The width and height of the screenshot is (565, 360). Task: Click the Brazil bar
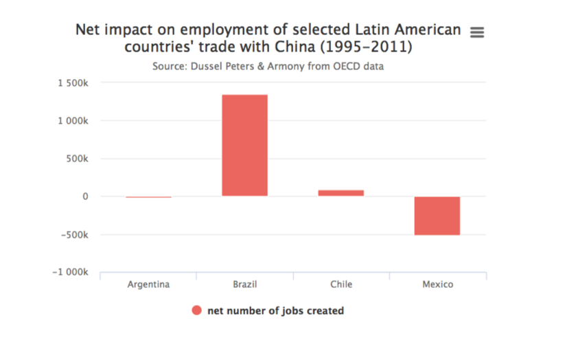pyautogui.click(x=244, y=145)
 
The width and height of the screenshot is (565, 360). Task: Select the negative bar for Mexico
pyautogui.click(x=437, y=216)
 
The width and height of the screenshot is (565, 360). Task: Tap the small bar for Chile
pyautogui.click(x=341, y=193)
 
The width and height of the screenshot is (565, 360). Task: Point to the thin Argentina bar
pyautogui.click(x=148, y=197)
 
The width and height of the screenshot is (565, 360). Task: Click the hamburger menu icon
pyautogui.click(x=477, y=32)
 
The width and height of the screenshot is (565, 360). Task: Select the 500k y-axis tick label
pyautogui.click(x=78, y=159)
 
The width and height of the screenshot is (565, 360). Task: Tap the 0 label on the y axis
pyautogui.click(x=86, y=196)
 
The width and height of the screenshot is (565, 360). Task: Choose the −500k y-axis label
pyautogui.click(x=75, y=234)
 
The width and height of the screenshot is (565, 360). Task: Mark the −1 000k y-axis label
pyautogui.click(x=70, y=272)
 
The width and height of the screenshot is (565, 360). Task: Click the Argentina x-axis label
pyautogui.click(x=148, y=284)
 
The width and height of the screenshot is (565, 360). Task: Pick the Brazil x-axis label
pyautogui.click(x=244, y=284)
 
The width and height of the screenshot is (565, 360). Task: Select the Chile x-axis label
pyautogui.click(x=341, y=284)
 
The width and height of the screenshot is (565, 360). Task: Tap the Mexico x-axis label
pyautogui.click(x=437, y=284)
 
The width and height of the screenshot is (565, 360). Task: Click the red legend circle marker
pyautogui.click(x=196, y=311)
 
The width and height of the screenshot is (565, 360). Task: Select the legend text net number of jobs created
pyautogui.click(x=275, y=311)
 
